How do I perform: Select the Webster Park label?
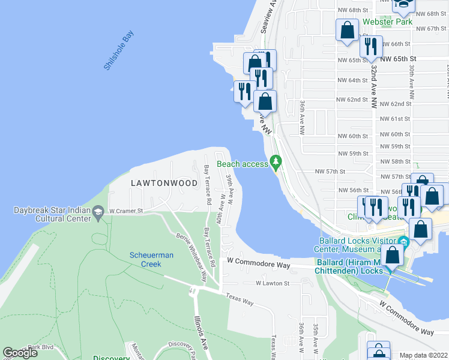(387, 22)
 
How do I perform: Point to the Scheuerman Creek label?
(152, 259)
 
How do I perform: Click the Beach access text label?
(242, 164)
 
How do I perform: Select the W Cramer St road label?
(125, 211)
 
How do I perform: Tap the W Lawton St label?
(273, 283)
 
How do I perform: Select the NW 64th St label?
(351, 80)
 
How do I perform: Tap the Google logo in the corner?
(20, 353)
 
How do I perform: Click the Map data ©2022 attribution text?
(424, 355)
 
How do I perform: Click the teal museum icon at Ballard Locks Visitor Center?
(404, 243)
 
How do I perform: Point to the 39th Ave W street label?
(231, 188)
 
